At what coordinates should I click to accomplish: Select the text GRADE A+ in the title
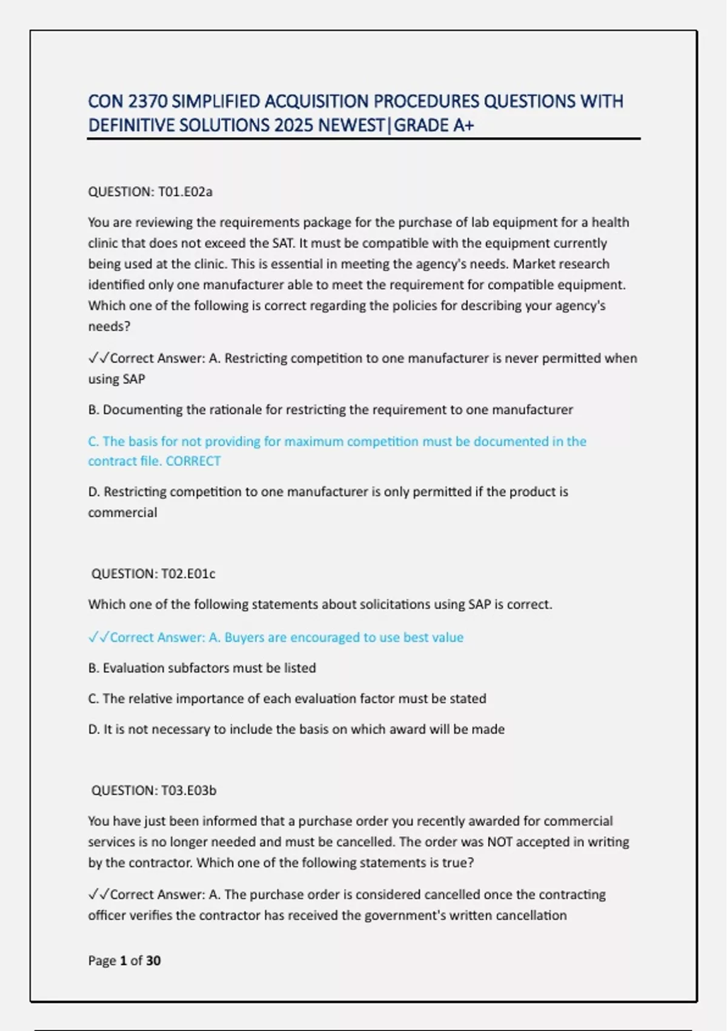coord(434,125)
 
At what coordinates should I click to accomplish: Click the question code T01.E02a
coord(185,192)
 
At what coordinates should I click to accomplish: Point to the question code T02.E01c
coord(188,573)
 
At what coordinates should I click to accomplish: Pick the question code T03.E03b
coord(188,790)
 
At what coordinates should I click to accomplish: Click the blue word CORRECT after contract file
coord(193,461)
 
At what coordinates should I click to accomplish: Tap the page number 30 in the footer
coord(153,960)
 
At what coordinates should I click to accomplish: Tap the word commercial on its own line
coord(122,512)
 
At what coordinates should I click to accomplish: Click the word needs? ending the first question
coord(109,326)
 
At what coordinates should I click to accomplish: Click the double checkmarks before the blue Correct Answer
coord(98,637)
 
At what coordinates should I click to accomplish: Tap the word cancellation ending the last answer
coord(531,915)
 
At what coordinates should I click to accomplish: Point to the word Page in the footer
coord(102,960)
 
